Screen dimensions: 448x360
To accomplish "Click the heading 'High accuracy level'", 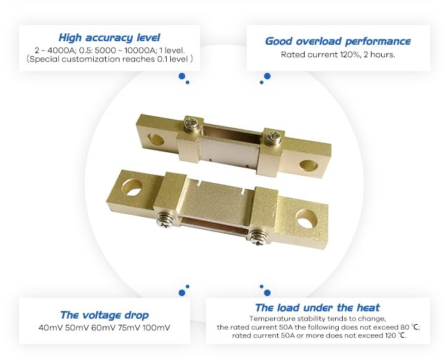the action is point(109,38).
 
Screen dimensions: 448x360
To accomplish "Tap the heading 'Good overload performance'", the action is point(337,41).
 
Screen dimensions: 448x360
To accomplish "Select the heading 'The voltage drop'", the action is point(105,315).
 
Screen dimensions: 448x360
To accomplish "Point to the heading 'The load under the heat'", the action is point(317,307).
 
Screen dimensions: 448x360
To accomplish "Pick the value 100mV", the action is point(157,328).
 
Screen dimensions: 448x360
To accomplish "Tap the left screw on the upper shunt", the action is point(191,124).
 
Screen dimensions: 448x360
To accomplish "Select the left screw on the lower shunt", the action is point(165,220).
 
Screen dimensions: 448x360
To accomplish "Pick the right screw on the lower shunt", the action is point(257,238).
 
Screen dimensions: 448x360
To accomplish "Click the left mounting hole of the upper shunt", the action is point(155,139).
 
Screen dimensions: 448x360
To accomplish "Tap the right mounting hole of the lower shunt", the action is point(307,219).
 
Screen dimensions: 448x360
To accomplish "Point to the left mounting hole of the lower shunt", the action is point(132,187).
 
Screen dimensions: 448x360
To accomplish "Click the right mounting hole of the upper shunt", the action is point(308,165).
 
